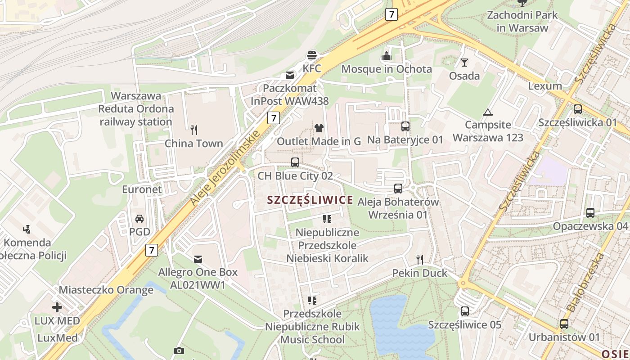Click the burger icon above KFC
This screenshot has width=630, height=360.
click(312, 55)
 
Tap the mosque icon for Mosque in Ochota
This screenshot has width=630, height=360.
click(387, 56)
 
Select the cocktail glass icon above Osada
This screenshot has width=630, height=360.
click(464, 63)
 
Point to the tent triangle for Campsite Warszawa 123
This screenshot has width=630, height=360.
click(487, 112)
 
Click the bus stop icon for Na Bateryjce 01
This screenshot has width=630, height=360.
click(405, 126)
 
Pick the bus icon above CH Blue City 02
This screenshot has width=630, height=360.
click(295, 162)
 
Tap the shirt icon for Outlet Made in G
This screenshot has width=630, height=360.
click(319, 128)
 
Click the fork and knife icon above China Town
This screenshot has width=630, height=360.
click(194, 130)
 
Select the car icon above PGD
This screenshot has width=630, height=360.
click(139, 219)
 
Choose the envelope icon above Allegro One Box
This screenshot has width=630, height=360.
click(198, 259)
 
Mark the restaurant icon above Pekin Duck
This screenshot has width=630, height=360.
click(420, 259)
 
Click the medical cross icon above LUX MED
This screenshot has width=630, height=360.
click(57, 307)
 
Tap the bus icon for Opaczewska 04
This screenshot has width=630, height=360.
click(590, 213)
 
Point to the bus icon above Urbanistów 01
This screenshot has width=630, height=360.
click(564, 324)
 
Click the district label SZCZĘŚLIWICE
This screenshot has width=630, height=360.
click(310, 200)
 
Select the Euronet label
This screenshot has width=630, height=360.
click(142, 189)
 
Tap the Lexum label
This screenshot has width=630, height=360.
click(545, 86)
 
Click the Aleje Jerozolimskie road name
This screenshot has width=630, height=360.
click(225, 168)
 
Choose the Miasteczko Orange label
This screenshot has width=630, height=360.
click(106, 290)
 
